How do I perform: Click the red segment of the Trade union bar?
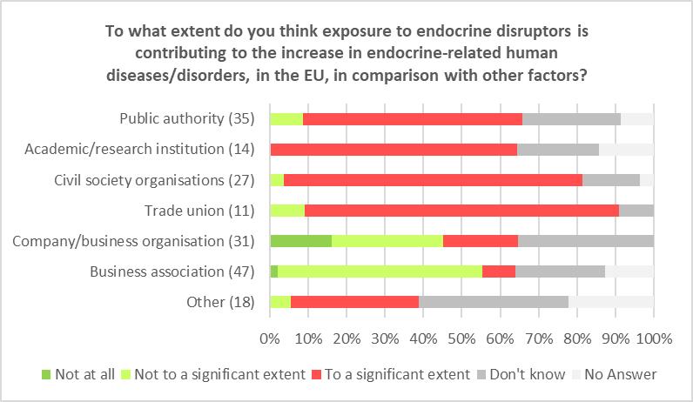pyautogui.click(x=461, y=210)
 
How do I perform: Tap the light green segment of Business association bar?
pyautogui.click(x=380, y=271)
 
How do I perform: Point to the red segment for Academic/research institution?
pyautogui.click(x=394, y=149)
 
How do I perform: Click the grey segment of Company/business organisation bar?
pyautogui.click(x=585, y=240)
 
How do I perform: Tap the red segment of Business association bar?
pyautogui.click(x=499, y=271)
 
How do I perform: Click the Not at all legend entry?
pyautogui.click(x=84, y=375)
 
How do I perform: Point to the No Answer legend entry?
pyautogui.click(x=619, y=375)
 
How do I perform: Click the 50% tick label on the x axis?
pyautogui.click(x=461, y=337)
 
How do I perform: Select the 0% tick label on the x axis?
pyautogui.click(x=270, y=337)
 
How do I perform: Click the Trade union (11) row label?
pyautogui.click(x=198, y=210)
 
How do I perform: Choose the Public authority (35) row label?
pyautogui.click(x=186, y=118)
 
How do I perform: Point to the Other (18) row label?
pyautogui.click(x=221, y=301)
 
